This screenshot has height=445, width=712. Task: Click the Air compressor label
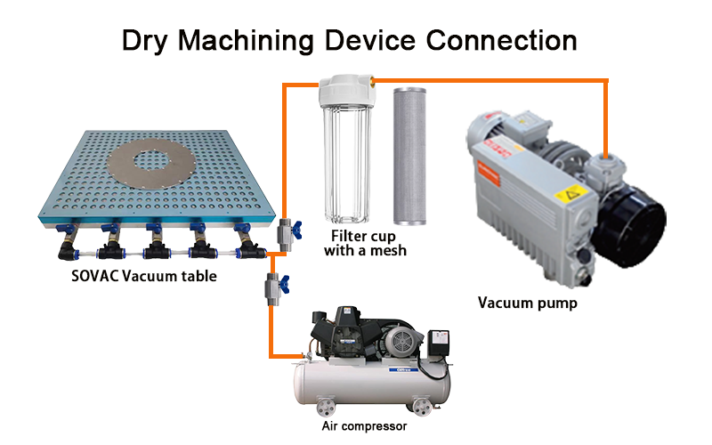point(367,426)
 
